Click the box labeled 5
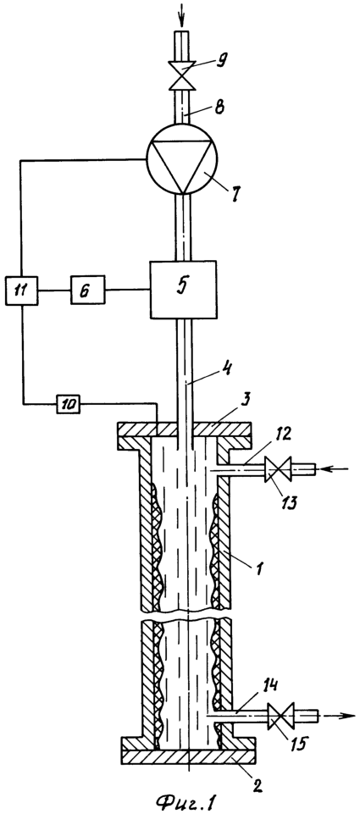coord(183,289)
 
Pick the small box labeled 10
coord(68,403)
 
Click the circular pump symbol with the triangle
coord(183,159)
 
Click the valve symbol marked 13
coord(280,469)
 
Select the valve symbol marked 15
coord(281,717)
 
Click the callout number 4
coord(213,369)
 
